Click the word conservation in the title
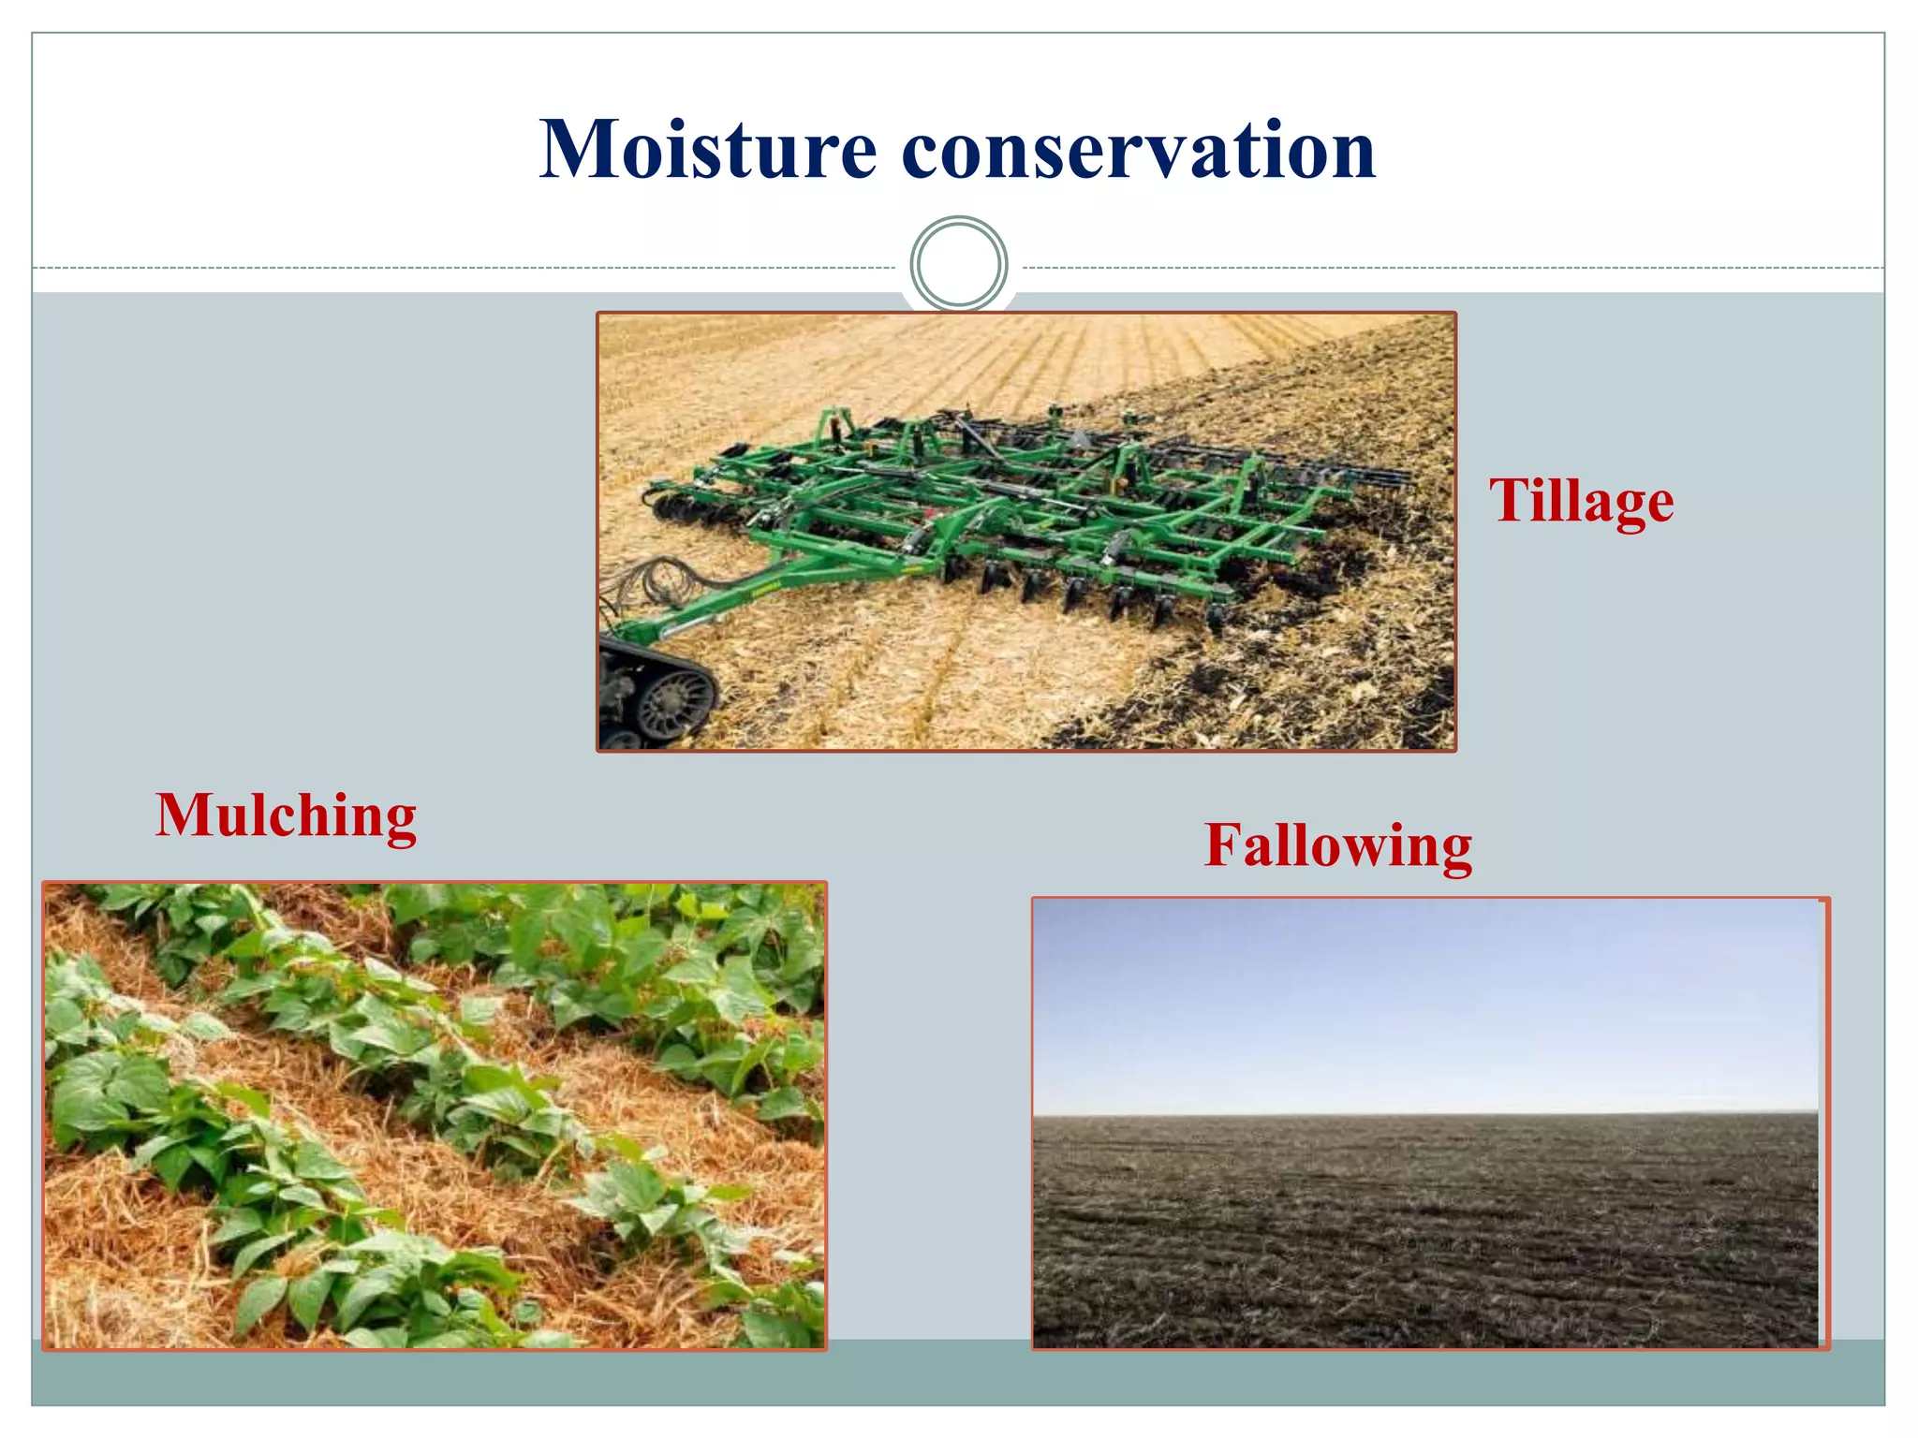tap(1138, 152)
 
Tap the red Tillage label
tap(1581, 501)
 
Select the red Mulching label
tap(286, 816)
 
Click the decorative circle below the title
tap(958, 264)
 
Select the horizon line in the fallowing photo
tap(1424, 1114)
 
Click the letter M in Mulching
tap(184, 816)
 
